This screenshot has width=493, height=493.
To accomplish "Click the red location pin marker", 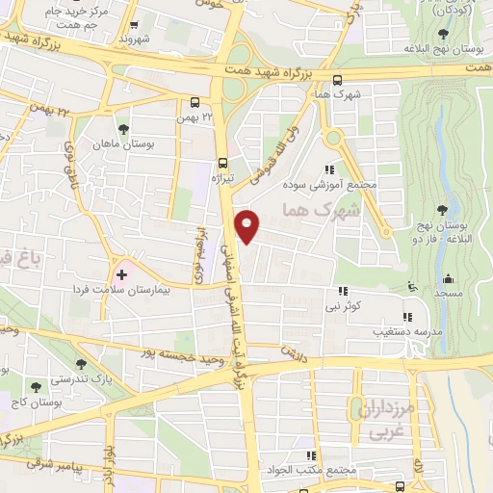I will tap(248, 226).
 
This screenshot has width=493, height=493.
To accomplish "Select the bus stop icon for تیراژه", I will tap(222, 163).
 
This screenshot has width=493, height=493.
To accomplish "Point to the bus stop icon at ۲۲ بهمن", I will tap(195, 102).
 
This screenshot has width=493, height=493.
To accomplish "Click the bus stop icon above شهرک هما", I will tap(336, 81).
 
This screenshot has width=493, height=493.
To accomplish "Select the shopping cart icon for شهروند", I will tap(122, 26).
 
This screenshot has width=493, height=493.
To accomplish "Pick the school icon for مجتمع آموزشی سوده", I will tap(332, 169).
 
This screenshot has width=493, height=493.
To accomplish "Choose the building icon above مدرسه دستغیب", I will tap(406, 316).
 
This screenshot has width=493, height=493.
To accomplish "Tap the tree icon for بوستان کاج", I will tap(36, 387).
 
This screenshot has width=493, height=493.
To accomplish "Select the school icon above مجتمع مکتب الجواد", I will tap(311, 455).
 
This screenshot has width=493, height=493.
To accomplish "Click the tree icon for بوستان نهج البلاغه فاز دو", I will tap(443, 210).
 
